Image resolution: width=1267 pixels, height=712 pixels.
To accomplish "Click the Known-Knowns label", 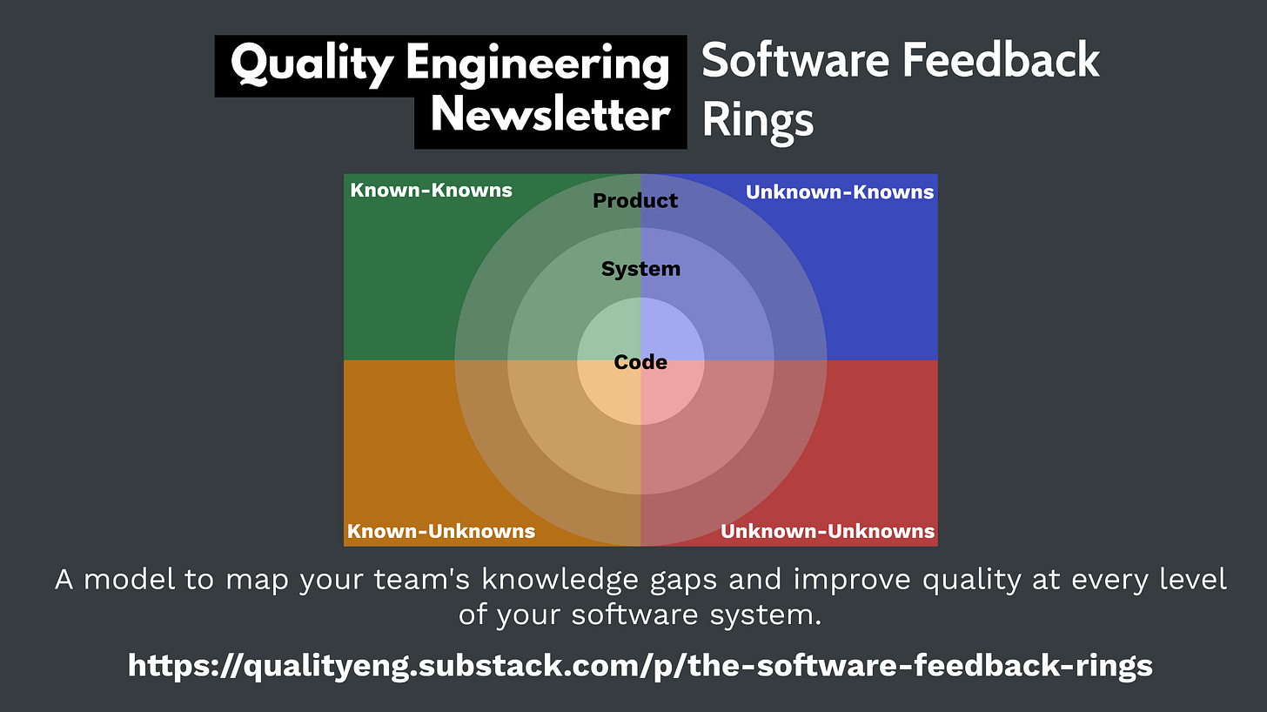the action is point(431,190).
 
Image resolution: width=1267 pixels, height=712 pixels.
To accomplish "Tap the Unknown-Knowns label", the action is point(840,191).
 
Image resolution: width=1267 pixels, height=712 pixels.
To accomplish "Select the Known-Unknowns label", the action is point(441,531).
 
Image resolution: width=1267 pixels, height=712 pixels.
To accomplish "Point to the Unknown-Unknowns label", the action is point(828,531).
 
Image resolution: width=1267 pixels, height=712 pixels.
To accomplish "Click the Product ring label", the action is point(635,201).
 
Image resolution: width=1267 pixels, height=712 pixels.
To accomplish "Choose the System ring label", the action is point(640,269).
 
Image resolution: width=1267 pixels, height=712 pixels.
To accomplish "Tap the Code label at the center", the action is point(640,362).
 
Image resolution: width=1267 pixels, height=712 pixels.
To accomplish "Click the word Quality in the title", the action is point(311,65).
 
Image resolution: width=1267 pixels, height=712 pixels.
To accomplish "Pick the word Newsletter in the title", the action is point(551,116).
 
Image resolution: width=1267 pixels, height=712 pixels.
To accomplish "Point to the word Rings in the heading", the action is point(757,119).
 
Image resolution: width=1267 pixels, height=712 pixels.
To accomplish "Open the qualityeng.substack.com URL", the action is point(640,666).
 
